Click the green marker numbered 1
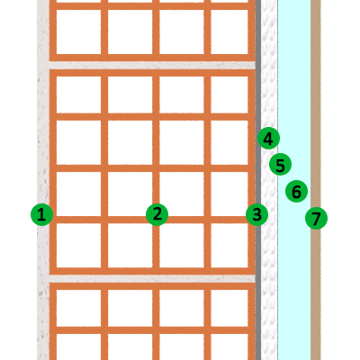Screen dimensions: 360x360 (42, 214)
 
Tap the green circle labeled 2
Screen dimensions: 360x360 (157, 214)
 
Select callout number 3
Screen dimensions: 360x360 (256, 214)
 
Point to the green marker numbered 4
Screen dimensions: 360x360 (268, 139)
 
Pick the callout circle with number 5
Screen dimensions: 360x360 (280, 165)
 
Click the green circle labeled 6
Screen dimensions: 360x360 (296, 191)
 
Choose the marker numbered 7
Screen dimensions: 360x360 (316, 218)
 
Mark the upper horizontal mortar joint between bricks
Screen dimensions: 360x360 (152, 66)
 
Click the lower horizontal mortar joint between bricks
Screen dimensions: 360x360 (152, 279)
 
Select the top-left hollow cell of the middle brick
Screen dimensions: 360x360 (78, 94)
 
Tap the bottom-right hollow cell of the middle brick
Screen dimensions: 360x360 (229, 245)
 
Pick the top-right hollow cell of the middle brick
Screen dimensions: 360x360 (229, 94)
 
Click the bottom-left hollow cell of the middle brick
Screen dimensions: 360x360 (78, 245)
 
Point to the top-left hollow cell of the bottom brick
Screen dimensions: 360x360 (78, 308)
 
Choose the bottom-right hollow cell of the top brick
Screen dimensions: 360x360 (229, 31)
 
